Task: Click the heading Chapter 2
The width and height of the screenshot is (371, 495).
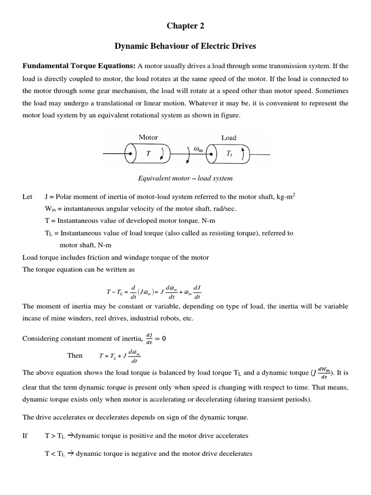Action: pyautogui.click(x=185, y=26)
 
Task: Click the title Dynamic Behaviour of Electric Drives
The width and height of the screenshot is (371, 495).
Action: pyautogui.click(x=185, y=46)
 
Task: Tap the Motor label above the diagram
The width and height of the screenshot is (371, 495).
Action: pyautogui.click(x=148, y=137)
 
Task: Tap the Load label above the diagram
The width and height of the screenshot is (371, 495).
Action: pyautogui.click(x=228, y=138)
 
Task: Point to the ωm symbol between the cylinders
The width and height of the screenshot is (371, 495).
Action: pyautogui.click(x=198, y=150)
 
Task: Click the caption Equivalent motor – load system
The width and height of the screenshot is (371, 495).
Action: pyautogui.click(x=185, y=178)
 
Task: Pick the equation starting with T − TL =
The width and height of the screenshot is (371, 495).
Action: pyautogui.click(x=154, y=292)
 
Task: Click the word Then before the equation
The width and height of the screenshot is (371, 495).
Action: pyautogui.click(x=75, y=356)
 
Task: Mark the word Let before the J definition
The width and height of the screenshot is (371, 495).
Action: pyautogui.click(x=28, y=197)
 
